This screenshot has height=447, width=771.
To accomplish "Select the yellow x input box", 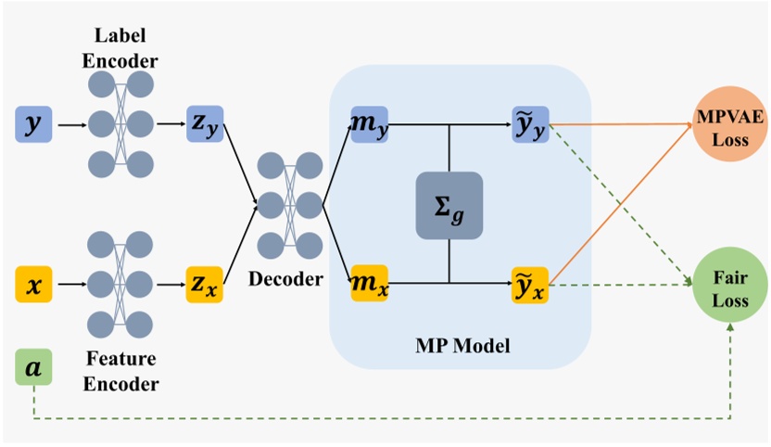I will coord(32,284).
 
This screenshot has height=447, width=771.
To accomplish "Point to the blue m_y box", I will coord(369,123).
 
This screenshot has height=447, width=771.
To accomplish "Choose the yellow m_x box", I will coord(369,282).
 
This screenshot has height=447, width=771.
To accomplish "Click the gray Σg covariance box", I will coord(449,205).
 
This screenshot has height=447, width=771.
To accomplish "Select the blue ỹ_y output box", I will coord(530,123).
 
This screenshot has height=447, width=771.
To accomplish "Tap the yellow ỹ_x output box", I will coord(530,282).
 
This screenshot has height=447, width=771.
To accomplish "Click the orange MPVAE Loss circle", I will coord(722,122).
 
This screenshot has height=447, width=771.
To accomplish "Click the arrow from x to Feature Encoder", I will coord(68,284).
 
